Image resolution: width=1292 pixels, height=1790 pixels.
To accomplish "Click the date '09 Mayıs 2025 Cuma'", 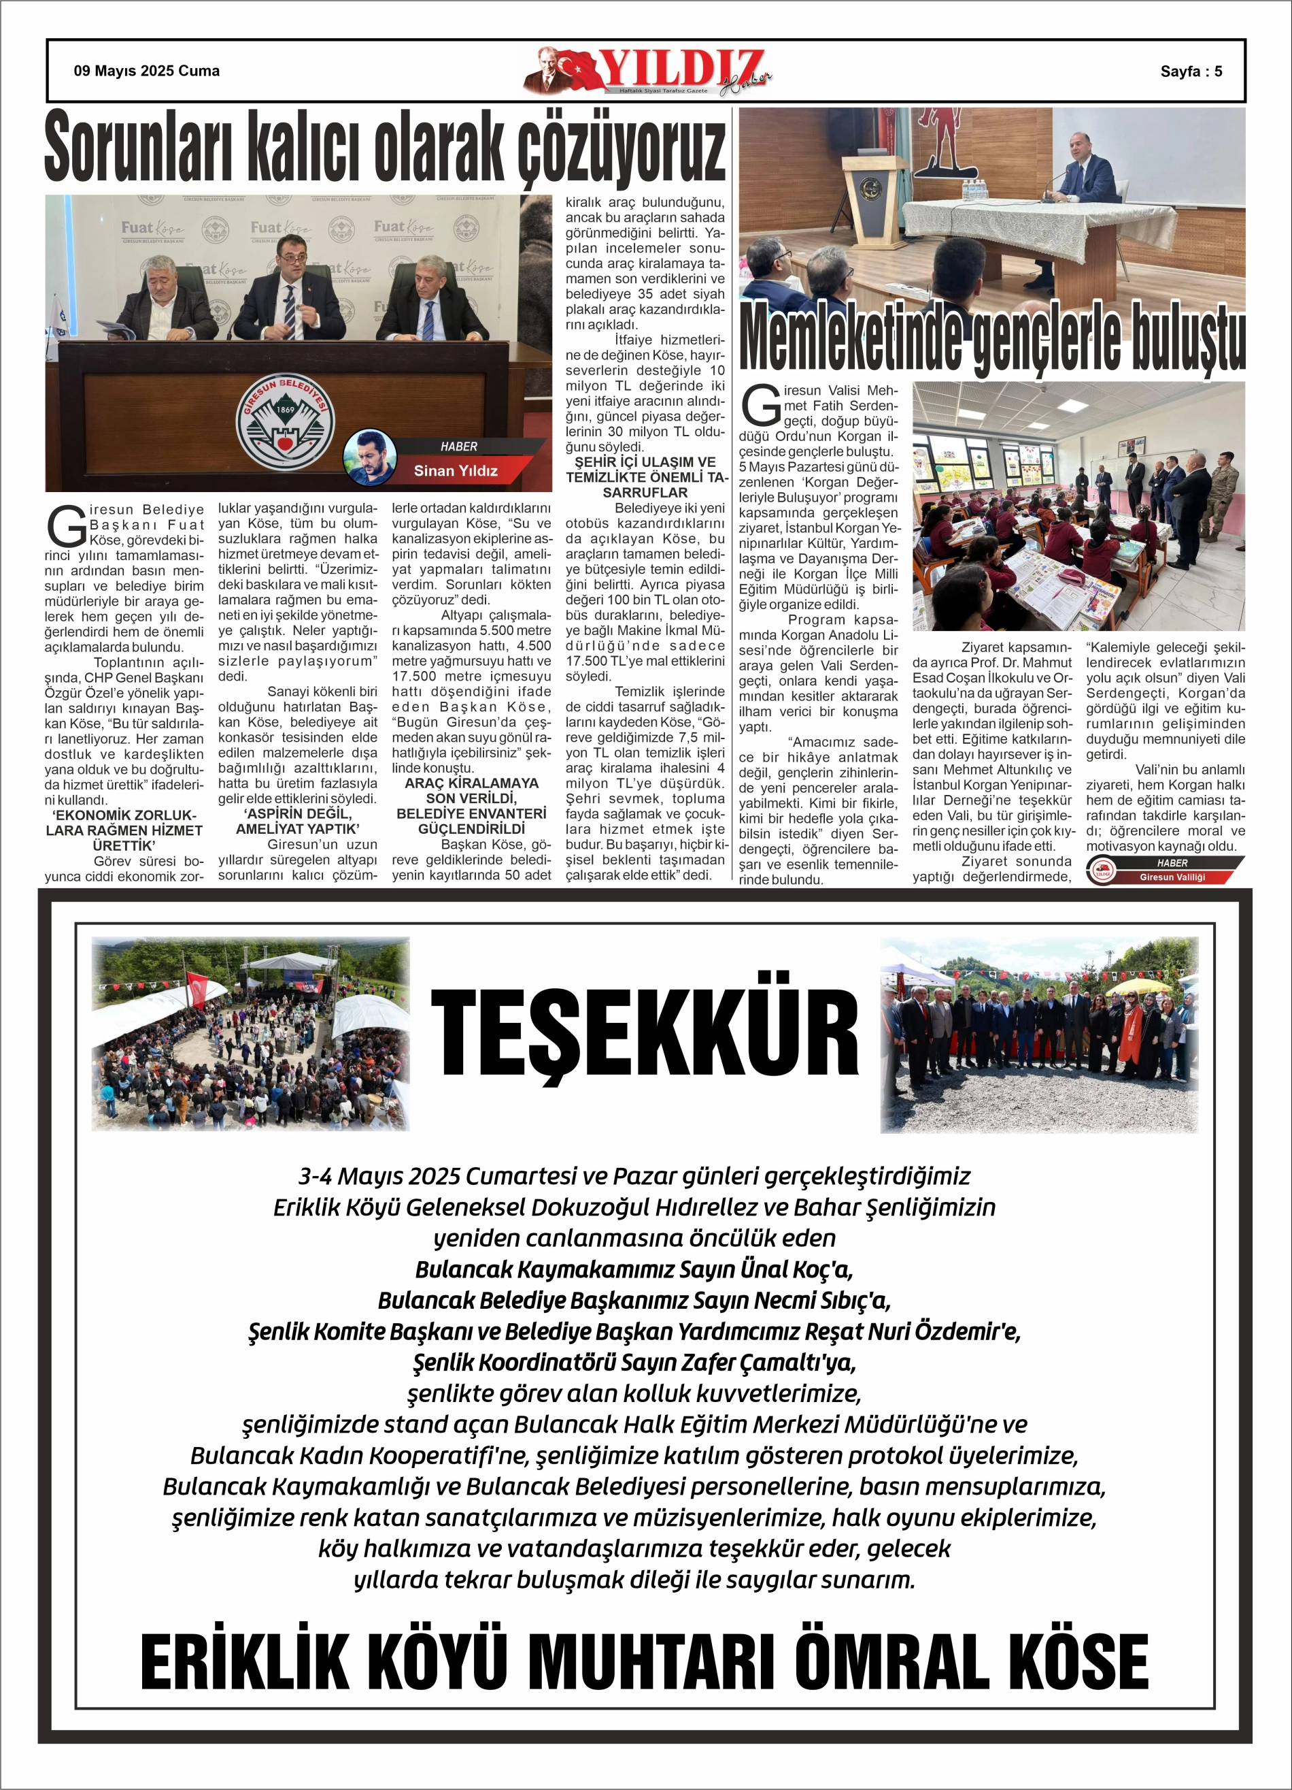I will tap(147, 71).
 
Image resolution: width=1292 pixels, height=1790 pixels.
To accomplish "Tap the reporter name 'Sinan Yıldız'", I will tap(455, 471).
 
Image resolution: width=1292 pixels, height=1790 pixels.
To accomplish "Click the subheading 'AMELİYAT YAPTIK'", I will tap(297, 829).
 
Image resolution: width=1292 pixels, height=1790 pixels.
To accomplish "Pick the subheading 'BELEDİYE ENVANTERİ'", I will tap(471, 814).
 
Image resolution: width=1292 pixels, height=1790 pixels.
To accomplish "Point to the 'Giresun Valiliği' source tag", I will tap(1172, 877).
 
